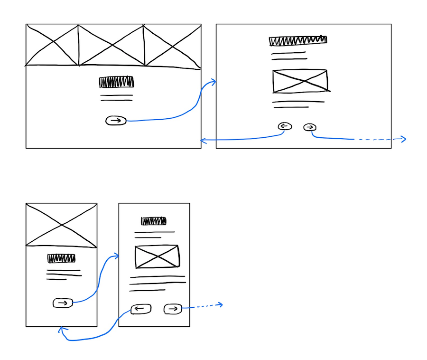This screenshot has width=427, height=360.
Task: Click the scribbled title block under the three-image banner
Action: point(116,82)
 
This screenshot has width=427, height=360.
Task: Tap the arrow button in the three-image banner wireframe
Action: point(116,121)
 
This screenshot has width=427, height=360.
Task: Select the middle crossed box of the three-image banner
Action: point(111,46)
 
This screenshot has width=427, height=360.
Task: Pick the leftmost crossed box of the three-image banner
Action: point(52,45)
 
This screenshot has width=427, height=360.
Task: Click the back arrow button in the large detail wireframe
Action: point(285,126)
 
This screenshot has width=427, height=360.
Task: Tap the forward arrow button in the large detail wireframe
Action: point(310,127)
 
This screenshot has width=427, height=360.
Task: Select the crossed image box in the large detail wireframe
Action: point(300,81)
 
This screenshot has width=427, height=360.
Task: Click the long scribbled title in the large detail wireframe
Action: point(298,41)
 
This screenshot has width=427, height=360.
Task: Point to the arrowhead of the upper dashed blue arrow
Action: point(404,139)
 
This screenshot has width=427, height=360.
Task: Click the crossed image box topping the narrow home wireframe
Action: point(61,225)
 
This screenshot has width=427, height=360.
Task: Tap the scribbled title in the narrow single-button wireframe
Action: point(61,258)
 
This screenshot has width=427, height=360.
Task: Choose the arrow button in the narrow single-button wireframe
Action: point(63,303)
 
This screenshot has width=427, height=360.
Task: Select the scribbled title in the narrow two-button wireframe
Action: point(154,221)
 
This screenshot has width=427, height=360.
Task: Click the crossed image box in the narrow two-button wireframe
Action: point(157,256)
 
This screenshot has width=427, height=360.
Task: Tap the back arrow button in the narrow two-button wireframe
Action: point(140,309)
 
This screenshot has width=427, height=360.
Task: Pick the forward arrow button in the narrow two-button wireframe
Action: point(173,309)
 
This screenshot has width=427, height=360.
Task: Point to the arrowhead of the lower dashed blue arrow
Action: point(221,304)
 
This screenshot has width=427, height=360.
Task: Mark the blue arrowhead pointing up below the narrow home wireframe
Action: point(61,329)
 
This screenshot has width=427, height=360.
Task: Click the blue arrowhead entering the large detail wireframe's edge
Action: point(214,82)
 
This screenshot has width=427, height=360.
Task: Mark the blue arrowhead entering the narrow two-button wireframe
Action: point(116,256)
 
